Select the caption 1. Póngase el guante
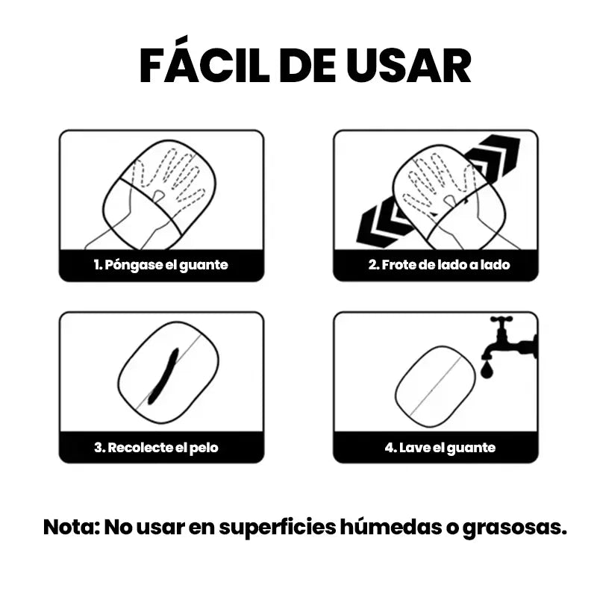pos(160,265)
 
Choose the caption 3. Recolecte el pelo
pos(156,448)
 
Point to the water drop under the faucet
pos(487,368)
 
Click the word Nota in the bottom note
pos(69,527)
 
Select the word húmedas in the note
pos(388,527)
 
